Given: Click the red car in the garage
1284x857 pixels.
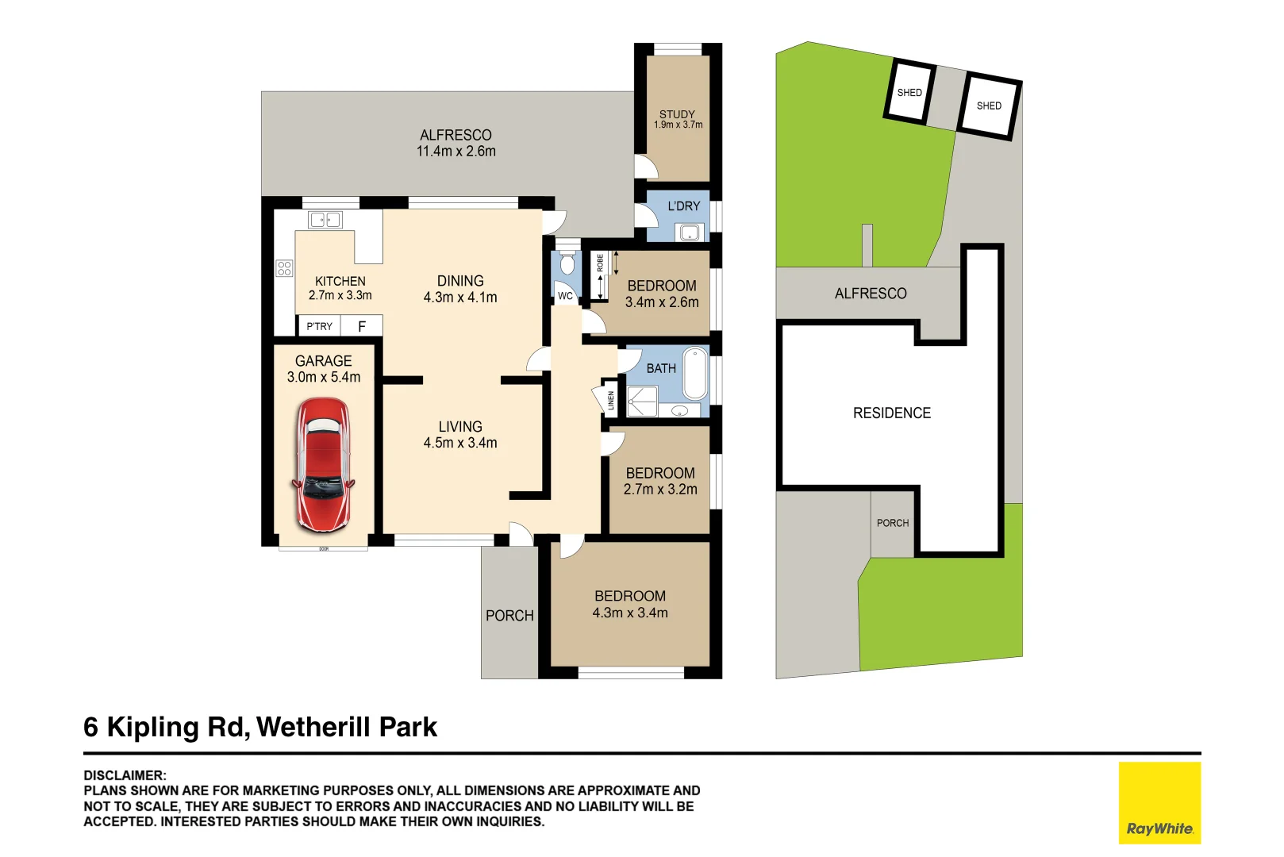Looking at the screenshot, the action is click(x=324, y=465).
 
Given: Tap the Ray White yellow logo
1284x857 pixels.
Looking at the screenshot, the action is click(x=1159, y=802).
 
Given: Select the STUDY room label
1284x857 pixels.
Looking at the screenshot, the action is click(x=677, y=114).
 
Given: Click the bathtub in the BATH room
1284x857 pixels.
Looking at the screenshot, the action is click(x=695, y=373).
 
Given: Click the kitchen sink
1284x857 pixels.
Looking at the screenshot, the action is click(x=325, y=220).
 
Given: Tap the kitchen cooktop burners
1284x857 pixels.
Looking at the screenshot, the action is click(x=284, y=268).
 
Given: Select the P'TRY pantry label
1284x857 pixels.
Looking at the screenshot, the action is click(x=319, y=326).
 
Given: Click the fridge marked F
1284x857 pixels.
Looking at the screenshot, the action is click(x=362, y=326).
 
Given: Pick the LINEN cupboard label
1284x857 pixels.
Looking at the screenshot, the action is click(x=611, y=400).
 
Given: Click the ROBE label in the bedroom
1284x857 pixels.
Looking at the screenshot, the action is click(x=600, y=263).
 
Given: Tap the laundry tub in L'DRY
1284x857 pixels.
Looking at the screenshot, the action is click(x=690, y=233).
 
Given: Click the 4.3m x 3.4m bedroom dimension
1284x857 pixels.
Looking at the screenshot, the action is click(x=630, y=613).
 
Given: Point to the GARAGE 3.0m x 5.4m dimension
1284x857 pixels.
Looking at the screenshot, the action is click(x=324, y=377).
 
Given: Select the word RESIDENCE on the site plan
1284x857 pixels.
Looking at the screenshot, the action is click(x=892, y=413).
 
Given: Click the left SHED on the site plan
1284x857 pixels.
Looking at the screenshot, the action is click(x=909, y=92).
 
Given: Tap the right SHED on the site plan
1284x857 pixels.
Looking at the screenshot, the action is click(x=989, y=106).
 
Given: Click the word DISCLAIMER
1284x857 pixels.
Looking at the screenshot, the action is click(x=125, y=775).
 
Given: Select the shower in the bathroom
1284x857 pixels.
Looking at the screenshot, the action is click(x=643, y=402).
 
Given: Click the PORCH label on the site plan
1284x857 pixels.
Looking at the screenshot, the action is click(x=893, y=523).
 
